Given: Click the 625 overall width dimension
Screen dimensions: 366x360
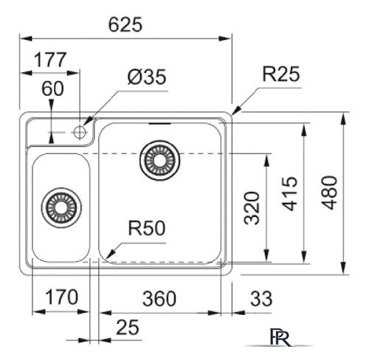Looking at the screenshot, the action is click(125, 25).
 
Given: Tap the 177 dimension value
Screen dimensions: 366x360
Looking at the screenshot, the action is click(50, 60).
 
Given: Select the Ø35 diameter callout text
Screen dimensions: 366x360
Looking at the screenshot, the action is click(147, 77).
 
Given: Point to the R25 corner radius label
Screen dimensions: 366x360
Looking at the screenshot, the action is click(281, 74).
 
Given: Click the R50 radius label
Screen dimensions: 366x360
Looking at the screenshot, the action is click(147, 228).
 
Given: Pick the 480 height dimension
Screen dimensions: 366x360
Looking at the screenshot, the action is click(330, 193).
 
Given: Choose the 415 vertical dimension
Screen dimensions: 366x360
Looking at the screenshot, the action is click(289, 193).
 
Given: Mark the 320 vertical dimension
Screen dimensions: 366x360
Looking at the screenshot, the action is click(252, 208).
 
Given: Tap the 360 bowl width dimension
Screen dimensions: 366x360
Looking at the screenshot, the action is click(159, 299).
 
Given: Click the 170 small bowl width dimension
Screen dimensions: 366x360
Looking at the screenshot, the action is click(62, 297).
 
